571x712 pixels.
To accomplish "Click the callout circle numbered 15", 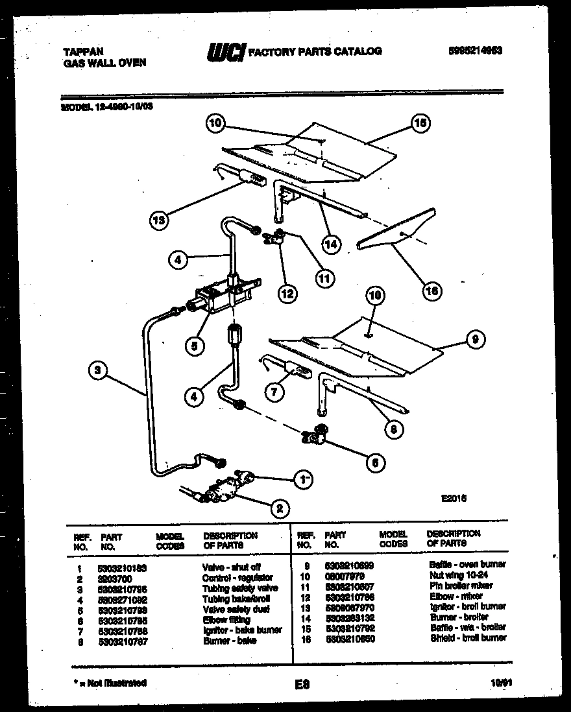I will coord(420,123).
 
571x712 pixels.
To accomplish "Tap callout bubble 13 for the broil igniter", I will coord(158,220).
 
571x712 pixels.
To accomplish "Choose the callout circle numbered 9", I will coord(476,338).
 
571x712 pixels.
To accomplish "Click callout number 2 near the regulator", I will coord(279,509).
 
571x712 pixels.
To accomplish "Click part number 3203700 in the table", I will coord(114,577).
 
